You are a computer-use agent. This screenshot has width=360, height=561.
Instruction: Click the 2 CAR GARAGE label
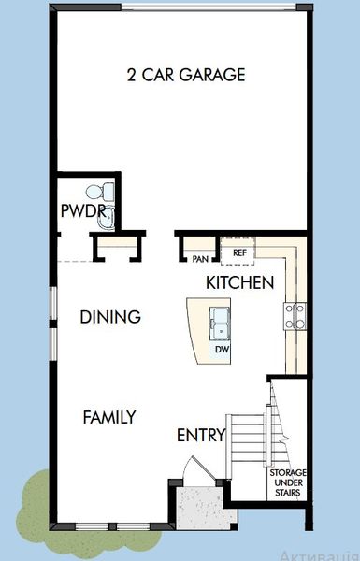pyautogui.click(x=185, y=75)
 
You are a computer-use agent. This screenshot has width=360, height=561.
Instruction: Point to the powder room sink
pyautogui.click(x=105, y=219)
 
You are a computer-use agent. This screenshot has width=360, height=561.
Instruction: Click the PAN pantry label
pyautogui.click(x=200, y=259)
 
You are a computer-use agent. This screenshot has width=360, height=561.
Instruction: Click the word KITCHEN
pyautogui.click(x=239, y=281)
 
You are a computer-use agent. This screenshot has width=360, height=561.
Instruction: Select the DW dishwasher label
pyautogui.click(x=222, y=350)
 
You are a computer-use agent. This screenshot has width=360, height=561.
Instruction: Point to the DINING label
pyautogui.click(x=109, y=317)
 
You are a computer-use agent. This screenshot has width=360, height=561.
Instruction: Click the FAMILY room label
pyautogui.click(x=108, y=417)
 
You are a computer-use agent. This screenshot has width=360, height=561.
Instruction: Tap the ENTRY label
pyautogui.click(x=201, y=435)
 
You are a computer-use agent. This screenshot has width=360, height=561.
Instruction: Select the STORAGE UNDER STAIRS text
pyautogui.click(x=288, y=484)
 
